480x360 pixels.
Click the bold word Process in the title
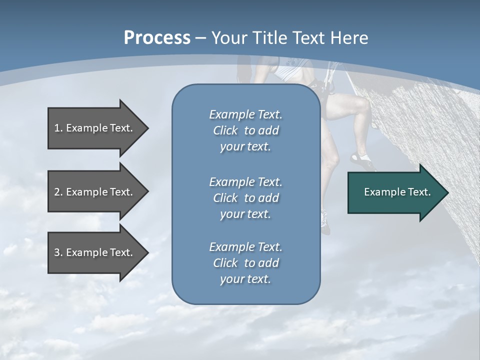[x=157, y=37]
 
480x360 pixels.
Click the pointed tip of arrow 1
[x=146, y=128]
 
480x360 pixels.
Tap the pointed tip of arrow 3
[x=146, y=252]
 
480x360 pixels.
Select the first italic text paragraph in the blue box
[x=245, y=130]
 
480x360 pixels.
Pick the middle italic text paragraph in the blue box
[x=245, y=198]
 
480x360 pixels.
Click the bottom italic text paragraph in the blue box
[x=245, y=263]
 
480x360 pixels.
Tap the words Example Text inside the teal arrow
[x=397, y=192]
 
